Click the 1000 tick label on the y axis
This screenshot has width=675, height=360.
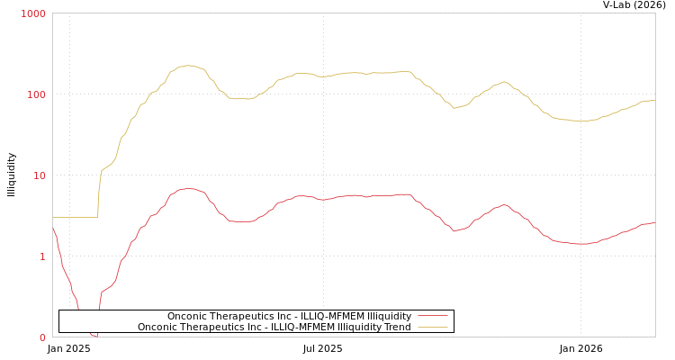tap(33, 14)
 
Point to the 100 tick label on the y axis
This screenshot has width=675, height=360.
tap(35, 95)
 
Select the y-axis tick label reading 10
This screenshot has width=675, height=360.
tap(39, 176)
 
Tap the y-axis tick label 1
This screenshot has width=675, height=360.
tap(41, 257)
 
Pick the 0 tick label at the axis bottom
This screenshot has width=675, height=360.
tap(41, 338)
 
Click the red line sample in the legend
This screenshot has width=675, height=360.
tap(432, 317)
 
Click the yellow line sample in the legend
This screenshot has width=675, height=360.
tap(432, 328)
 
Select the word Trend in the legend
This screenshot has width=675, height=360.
tap(397, 328)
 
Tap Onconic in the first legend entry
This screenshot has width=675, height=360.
tap(187, 317)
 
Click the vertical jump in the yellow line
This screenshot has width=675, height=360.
tap(98, 193)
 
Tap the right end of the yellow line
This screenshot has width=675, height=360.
tap(654, 100)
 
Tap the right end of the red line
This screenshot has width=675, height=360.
tap(654, 223)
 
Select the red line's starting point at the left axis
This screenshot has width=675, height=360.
tap(53, 229)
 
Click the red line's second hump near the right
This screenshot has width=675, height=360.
tap(504, 204)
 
